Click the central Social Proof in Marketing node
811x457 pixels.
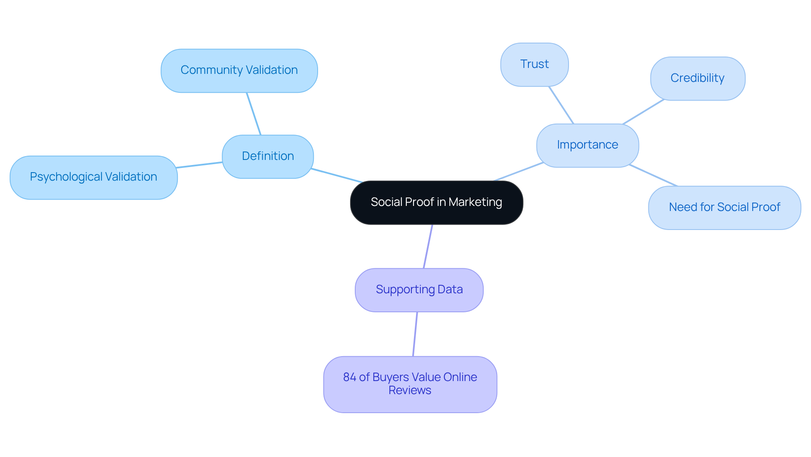point(436,203)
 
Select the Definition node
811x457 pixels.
point(268,157)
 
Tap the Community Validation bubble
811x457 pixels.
point(239,70)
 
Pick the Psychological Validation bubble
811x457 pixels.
point(93,177)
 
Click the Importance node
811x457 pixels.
point(587,145)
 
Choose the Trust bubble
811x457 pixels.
point(534,65)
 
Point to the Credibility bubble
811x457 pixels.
point(697,78)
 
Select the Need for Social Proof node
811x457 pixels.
point(724,208)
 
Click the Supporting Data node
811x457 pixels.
point(419,290)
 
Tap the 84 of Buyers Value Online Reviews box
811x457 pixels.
point(410,384)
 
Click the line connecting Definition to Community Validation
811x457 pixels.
point(254,114)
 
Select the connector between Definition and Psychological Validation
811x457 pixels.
point(199,165)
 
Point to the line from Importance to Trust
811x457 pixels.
point(561,105)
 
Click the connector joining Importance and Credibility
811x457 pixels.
point(643,112)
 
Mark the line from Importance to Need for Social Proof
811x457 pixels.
point(653,176)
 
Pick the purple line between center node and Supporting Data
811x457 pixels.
point(428,246)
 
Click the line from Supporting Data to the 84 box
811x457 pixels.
point(415,334)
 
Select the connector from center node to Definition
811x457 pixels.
point(337,176)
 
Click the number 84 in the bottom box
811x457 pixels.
point(349,377)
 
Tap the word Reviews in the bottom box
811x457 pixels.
point(410,390)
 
